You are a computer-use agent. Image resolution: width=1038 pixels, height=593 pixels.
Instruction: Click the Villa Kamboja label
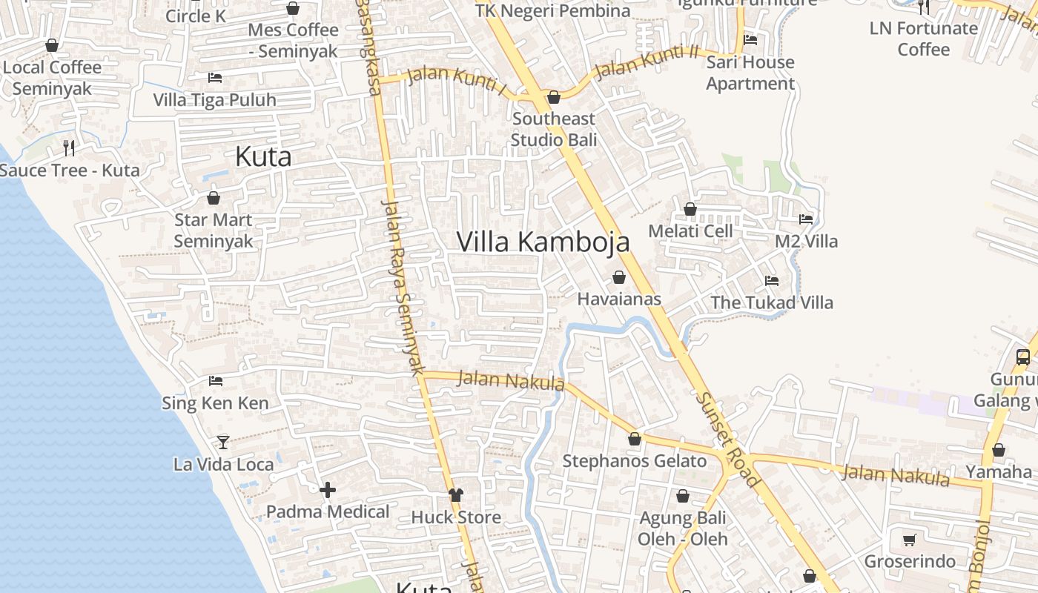pyautogui.click(x=543, y=242)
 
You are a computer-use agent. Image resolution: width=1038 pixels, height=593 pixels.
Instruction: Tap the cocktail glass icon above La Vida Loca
pyautogui.click(x=222, y=442)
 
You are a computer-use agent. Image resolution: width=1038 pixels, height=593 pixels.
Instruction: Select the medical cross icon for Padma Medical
pyautogui.click(x=328, y=490)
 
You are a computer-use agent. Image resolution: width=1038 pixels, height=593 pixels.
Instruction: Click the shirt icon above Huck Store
pyautogui.click(x=456, y=494)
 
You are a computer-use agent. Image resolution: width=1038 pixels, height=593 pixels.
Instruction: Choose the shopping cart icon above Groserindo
pyautogui.click(x=910, y=540)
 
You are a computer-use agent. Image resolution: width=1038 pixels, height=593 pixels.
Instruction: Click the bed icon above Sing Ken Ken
pyautogui.click(x=216, y=381)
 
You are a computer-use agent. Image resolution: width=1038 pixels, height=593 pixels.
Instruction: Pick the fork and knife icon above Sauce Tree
pyautogui.click(x=69, y=148)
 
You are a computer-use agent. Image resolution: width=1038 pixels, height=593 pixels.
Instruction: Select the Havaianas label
pyautogui.click(x=619, y=299)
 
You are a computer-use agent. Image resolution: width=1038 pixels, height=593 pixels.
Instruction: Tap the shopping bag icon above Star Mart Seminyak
pyautogui.click(x=214, y=198)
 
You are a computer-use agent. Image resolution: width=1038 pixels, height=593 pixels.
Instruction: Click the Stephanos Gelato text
pyautogui.click(x=635, y=461)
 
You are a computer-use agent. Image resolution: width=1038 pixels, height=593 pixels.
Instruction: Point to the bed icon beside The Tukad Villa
pyautogui.click(x=772, y=281)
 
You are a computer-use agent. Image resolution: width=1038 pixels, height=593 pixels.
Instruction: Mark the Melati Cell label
pyautogui.click(x=690, y=231)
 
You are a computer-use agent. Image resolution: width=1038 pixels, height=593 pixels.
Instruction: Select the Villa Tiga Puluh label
pyautogui.click(x=214, y=100)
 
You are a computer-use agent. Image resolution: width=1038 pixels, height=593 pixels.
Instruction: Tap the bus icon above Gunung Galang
pyautogui.click(x=1023, y=357)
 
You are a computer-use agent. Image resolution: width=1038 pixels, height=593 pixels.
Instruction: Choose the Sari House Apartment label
pyautogui.click(x=750, y=73)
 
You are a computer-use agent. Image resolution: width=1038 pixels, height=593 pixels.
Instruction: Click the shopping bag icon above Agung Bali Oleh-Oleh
pyautogui.click(x=683, y=495)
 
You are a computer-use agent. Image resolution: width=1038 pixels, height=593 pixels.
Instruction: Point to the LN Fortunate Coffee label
pyautogui.click(x=924, y=39)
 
